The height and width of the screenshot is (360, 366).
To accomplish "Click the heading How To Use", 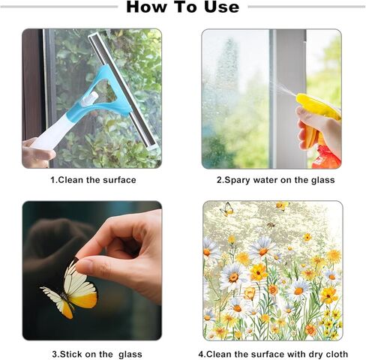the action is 183,7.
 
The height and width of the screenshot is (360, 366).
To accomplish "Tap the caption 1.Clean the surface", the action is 93,180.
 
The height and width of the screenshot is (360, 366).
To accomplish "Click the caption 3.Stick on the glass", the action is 97,354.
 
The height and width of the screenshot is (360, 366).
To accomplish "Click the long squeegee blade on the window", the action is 122,91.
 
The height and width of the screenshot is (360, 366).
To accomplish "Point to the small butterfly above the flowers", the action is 227,209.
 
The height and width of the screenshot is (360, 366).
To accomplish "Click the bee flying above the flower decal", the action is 271,225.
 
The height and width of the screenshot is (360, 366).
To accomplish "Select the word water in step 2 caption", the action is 265,180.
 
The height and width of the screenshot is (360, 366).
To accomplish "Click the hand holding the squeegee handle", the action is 37,152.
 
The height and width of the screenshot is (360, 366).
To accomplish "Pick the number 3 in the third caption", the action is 55,354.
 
